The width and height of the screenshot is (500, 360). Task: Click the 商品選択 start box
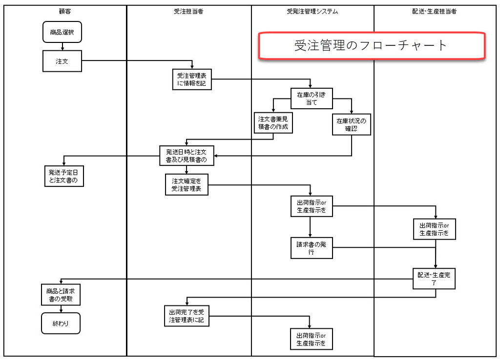tap(62, 33)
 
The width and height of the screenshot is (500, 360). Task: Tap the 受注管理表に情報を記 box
tap(191, 80)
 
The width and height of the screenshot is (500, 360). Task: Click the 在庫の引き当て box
tap(311, 98)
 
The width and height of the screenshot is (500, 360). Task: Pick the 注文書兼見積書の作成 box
tap(273, 122)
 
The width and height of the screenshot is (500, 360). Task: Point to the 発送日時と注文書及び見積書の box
tap(187, 156)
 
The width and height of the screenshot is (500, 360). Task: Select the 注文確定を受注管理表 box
tap(187, 184)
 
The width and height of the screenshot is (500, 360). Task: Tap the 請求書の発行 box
tap(311, 248)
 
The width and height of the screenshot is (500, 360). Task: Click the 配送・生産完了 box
tap(434, 279)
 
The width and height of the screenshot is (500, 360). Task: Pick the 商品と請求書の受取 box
tap(61, 295)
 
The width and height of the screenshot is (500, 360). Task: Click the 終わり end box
tap(61, 323)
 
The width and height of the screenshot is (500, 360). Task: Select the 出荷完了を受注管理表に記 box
tap(187, 316)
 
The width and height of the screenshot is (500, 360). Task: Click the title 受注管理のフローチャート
tap(371, 46)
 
